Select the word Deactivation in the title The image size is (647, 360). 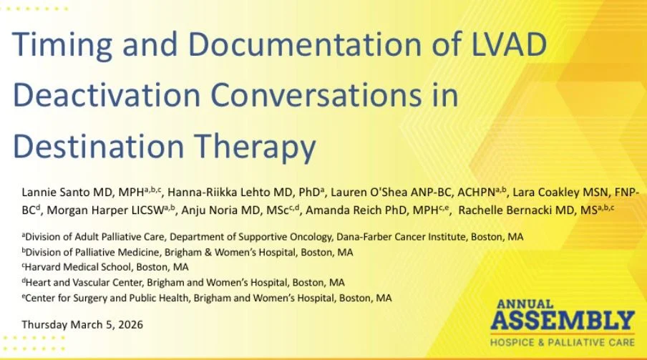point(107,95)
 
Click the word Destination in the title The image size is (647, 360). point(99,147)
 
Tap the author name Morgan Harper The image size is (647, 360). point(88,210)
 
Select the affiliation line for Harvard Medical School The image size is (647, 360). point(105,267)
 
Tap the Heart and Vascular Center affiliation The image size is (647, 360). point(183,283)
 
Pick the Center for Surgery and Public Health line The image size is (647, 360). point(207,298)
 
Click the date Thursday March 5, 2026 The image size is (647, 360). point(82,325)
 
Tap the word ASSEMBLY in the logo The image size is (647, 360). point(563,321)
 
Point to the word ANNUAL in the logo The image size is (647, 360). point(525,304)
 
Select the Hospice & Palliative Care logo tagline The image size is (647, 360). point(563,343)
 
